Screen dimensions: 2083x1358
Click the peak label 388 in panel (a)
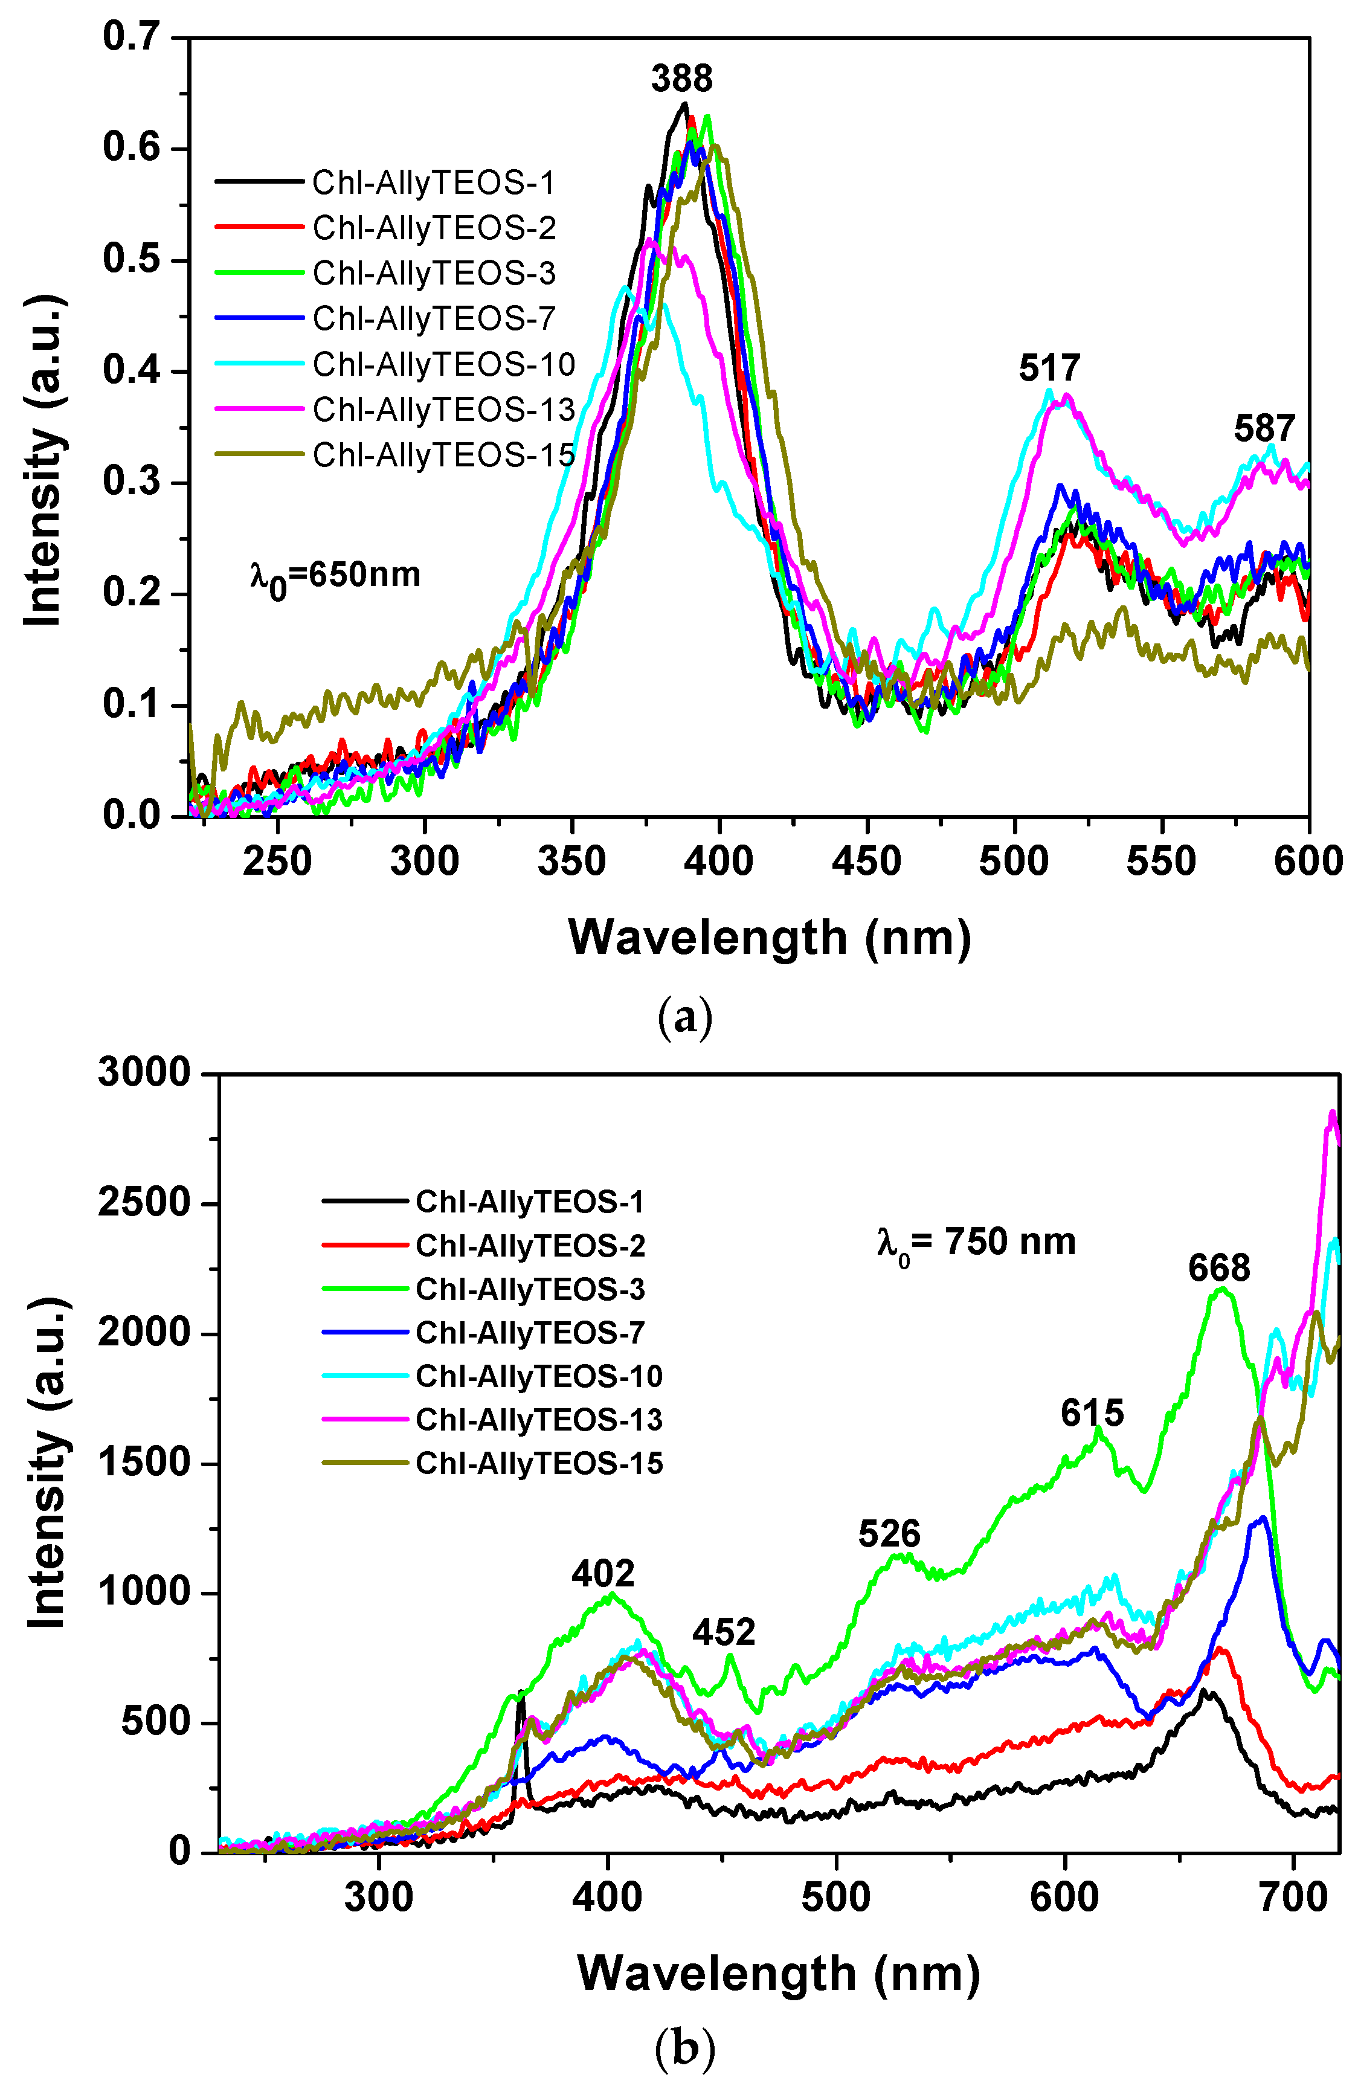click(681, 79)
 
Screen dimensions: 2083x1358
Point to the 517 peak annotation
click(1049, 367)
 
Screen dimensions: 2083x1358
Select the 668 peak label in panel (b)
click(1219, 1268)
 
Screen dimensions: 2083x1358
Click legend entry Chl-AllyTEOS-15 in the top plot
click(443, 455)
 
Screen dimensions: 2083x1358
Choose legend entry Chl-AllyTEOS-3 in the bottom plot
click(529, 1289)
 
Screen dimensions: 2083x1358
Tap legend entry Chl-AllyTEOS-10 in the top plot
click(443, 364)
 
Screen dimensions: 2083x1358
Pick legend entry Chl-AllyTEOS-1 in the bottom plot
click(529, 1202)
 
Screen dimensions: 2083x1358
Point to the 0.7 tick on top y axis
click(131, 37)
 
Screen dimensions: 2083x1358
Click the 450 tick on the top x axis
click(866, 862)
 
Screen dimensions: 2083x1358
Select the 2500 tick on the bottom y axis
click(144, 1203)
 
